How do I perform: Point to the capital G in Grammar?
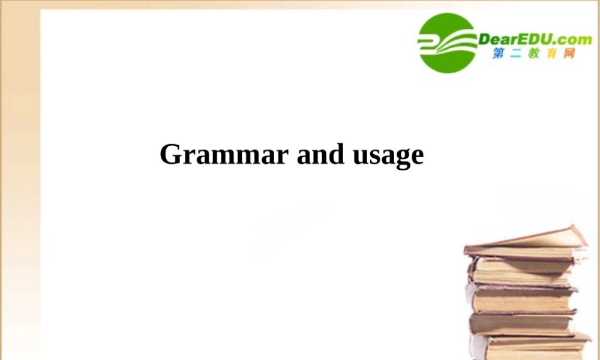coord(170,154)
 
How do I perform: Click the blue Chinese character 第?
coord(499,54)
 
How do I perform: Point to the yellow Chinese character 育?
coord(551,54)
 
